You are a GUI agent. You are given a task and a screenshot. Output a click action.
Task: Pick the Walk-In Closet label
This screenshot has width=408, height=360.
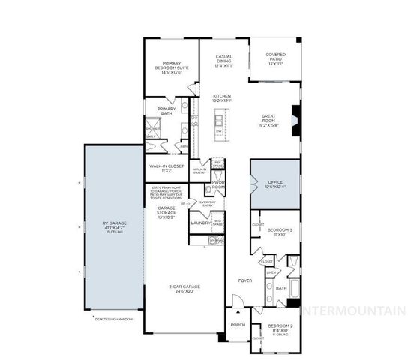click(x=166, y=168)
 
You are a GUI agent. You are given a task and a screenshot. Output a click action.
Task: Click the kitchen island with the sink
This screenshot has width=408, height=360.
click(x=219, y=122)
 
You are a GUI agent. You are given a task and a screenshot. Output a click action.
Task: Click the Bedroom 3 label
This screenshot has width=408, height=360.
click(x=280, y=231)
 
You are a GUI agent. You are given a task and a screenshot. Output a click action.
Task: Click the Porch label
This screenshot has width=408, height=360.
click(x=238, y=325)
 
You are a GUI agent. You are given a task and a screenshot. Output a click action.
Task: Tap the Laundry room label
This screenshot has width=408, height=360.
click(x=199, y=223)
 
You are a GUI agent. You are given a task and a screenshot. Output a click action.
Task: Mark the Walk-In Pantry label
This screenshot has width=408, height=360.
click(x=199, y=171)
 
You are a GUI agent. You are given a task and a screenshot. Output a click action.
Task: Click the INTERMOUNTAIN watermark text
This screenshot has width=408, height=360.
click(x=352, y=309)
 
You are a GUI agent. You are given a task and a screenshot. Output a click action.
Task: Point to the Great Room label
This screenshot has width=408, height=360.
click(x=268, y=119)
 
